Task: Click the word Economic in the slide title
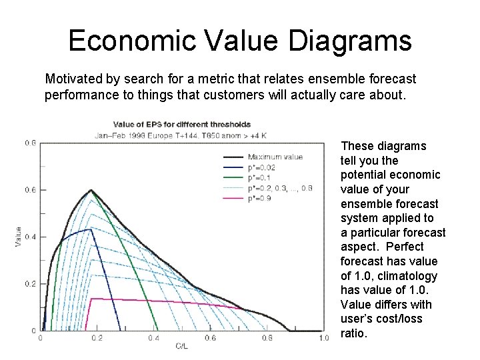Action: (x=125, y=41)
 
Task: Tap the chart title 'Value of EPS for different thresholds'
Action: (x=181, y=124)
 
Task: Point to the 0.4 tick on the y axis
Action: (x=31, y=237)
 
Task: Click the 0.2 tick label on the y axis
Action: (x=31, y=284)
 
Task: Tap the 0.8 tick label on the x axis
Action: (x=267, y=338)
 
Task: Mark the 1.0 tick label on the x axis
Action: (x=323, y=338)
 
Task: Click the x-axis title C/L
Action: (x=181, y=345)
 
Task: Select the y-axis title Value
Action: (x=18, y=237)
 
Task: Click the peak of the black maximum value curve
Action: (x=91, y=190)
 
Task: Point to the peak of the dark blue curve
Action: (x=89, y=229)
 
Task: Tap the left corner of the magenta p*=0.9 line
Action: (x=91, y=299)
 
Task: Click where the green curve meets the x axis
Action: (x=158, y=330)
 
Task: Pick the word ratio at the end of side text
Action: (x=353, y=333)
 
